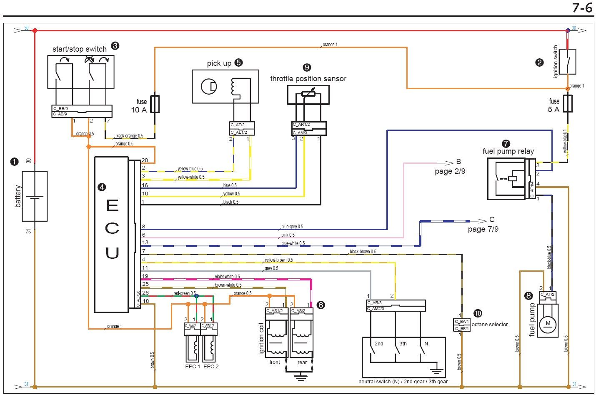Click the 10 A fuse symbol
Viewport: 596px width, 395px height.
pos(155,104)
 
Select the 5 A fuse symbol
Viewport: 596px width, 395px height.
pos(567,103)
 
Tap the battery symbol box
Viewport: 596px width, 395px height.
pos(35,196)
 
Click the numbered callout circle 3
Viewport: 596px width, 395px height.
pos(115,46)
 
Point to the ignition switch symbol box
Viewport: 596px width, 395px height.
pos(567,62)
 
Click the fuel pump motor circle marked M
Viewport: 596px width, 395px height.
pos(548,323)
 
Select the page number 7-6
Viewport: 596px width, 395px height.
pos(582,7)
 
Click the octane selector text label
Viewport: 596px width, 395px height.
pos(490,325)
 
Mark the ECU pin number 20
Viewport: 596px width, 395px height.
pos(145,160)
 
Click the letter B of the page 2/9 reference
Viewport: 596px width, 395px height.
pos(458,162)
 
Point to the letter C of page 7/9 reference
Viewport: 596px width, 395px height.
pos(492,220)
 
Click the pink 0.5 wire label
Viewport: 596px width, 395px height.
pos(288,235)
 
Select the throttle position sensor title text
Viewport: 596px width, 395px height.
pos(308,79)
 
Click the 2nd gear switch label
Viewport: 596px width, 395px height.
pos(379,344)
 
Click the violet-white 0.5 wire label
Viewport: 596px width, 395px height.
pos(227,277)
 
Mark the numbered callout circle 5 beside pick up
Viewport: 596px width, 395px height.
pos(238,63)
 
